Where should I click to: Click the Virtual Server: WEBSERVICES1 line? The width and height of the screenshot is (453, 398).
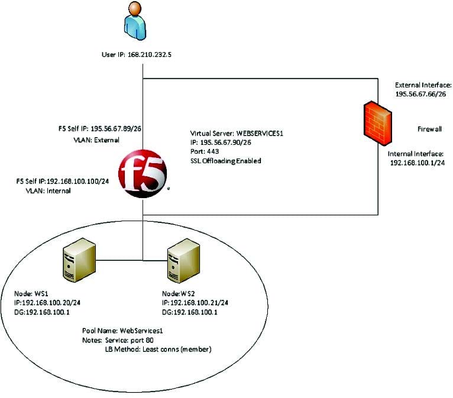pyautogui.click(x=237, y=133)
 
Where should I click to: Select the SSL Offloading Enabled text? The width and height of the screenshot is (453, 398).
pyautogui.click(x=225, y=161)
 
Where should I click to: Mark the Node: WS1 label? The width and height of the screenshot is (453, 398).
pyautogui.click(x=31, y=293)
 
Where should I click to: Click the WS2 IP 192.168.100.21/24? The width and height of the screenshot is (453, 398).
pyautogui.click(x=195, y=302)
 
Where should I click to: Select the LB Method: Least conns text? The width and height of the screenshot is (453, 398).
pyautogui.click(x=158, y=350)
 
